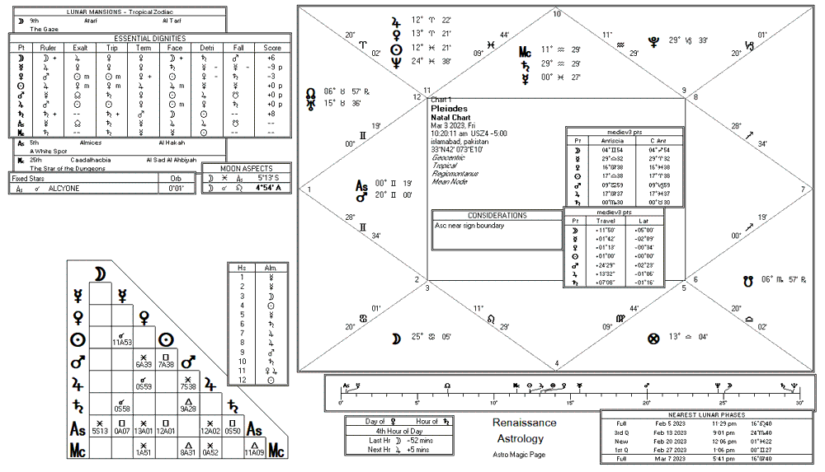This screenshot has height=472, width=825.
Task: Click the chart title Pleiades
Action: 450,108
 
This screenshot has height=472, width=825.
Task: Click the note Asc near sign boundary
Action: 469,225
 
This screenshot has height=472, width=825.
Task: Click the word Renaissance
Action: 524,423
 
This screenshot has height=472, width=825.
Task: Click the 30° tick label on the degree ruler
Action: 799,403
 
